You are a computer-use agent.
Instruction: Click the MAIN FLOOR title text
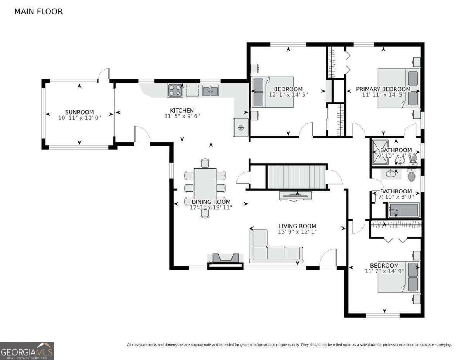pyautogui.click(x=38, y=12)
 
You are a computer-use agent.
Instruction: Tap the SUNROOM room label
pyautogui.click(x=79, y=112)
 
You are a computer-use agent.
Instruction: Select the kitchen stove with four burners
pyautogui.click(x=175, y=90)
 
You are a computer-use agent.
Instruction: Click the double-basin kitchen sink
pyautogui.click(x=210, y=91)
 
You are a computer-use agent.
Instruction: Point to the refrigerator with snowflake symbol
pyautogui.click(x=240, y=127)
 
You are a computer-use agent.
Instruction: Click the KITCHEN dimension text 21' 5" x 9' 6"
pyautogui.click(x=181, y=116)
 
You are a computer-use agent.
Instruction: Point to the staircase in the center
pyautogui.click(x=296, y=176)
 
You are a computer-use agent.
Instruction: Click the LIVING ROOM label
pyautogui.click(x=297, y=226)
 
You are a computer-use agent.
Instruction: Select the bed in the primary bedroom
pyautogui.click(x=398, y=88)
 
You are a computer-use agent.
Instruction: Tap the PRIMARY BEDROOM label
pyautogui.click(x=383, y=89)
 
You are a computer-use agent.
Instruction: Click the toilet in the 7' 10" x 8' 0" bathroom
pyautogui.click(x=412, y=175)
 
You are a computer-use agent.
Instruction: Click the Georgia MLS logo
pyautogui.click(x=27, y=351)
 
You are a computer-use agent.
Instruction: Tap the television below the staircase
pyautogui.click(x=295, y=195)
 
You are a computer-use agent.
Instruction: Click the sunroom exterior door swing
pyautogui.click(x=104, y=74)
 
